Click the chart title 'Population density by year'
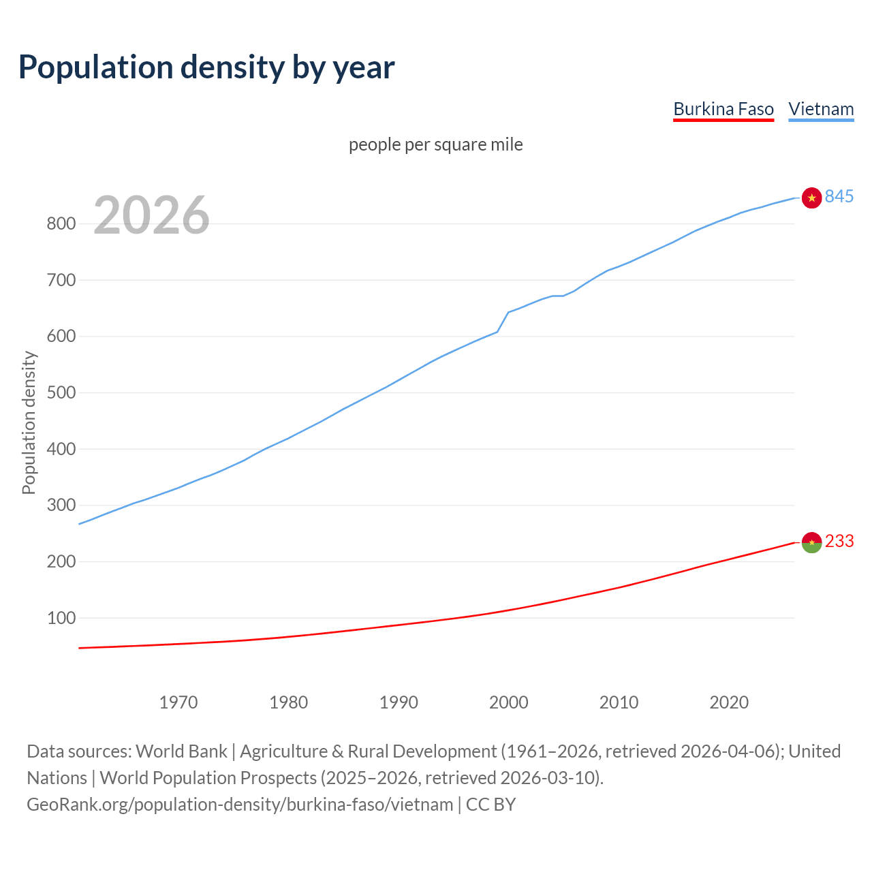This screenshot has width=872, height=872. tap(206, 67)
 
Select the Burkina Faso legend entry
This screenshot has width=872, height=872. tap(723, 109)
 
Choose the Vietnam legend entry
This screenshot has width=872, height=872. tap(820, 109)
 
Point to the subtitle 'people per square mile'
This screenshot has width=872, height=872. tap(435, 144)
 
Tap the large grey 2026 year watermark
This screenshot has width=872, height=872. tap(151, 215)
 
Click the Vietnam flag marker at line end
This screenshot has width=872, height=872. tap(811, 198)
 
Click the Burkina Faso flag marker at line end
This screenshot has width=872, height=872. tap(811, 542)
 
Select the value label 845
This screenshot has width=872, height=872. tap(839, 196)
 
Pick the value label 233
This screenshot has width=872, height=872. tap(839, 541)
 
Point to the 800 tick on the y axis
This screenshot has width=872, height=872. tap(60, 223)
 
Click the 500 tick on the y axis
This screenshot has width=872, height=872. tap(60, 392)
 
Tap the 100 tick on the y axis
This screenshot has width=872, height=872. tap(60, 618)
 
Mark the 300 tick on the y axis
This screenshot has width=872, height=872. tap(60, 505)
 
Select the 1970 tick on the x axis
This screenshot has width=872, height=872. tap(178, 702)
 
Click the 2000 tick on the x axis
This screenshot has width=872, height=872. tap(508, 702)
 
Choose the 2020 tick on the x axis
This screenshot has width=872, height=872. tap(729, 702)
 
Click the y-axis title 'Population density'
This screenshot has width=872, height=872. tap(29, 422)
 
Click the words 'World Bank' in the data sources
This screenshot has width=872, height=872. tap(181, 751)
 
